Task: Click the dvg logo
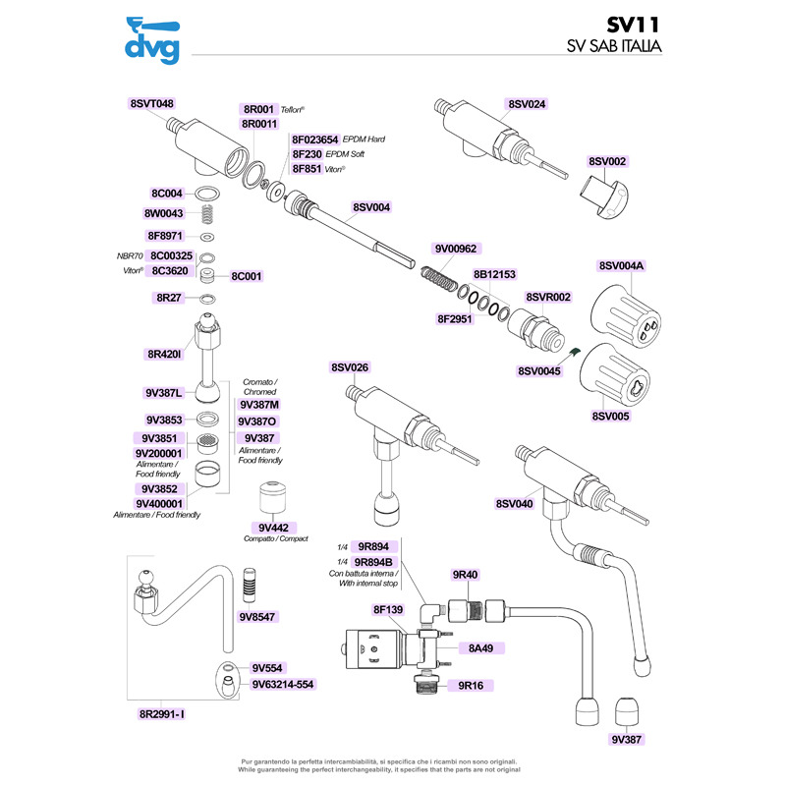(151, 39)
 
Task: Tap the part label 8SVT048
(151, 103)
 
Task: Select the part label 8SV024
(527, 103)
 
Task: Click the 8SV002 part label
(607, 161)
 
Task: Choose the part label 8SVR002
(548, 297)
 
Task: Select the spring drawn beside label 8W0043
(207, 213)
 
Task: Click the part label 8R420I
(163, 354)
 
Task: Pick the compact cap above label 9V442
(271, 496)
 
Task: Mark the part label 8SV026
(350, 367)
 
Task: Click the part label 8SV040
(514, 504)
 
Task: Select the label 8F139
(388, 610)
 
